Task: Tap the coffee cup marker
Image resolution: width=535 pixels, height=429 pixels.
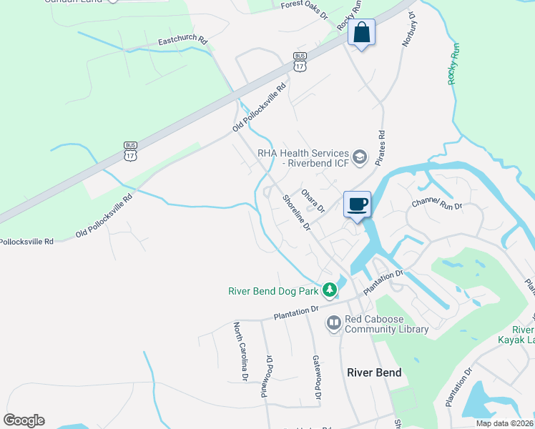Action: tap(358, 204)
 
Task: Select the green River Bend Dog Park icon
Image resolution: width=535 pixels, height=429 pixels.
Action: tap(329, 290)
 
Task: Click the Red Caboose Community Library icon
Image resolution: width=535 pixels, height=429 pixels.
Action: tap(333, 324)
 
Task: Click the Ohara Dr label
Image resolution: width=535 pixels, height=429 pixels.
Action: tap(313, 201)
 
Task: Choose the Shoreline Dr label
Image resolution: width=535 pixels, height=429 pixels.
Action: tap(296, 213)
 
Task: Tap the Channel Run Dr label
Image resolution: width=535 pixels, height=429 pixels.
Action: tap(437, 204)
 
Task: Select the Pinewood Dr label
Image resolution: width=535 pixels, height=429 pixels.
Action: tap(270, 378)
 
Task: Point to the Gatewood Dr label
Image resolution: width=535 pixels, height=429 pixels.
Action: tap(315, 378)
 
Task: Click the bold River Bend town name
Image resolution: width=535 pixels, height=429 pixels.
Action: tap(374, 373)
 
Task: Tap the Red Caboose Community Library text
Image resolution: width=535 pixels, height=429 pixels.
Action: tap(386, 324)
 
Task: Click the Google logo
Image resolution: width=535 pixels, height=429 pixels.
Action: tap(24, 420)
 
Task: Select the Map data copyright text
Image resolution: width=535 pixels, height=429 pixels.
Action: tap(504, 423)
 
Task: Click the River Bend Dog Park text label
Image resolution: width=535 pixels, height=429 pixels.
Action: tap(273, 291)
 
